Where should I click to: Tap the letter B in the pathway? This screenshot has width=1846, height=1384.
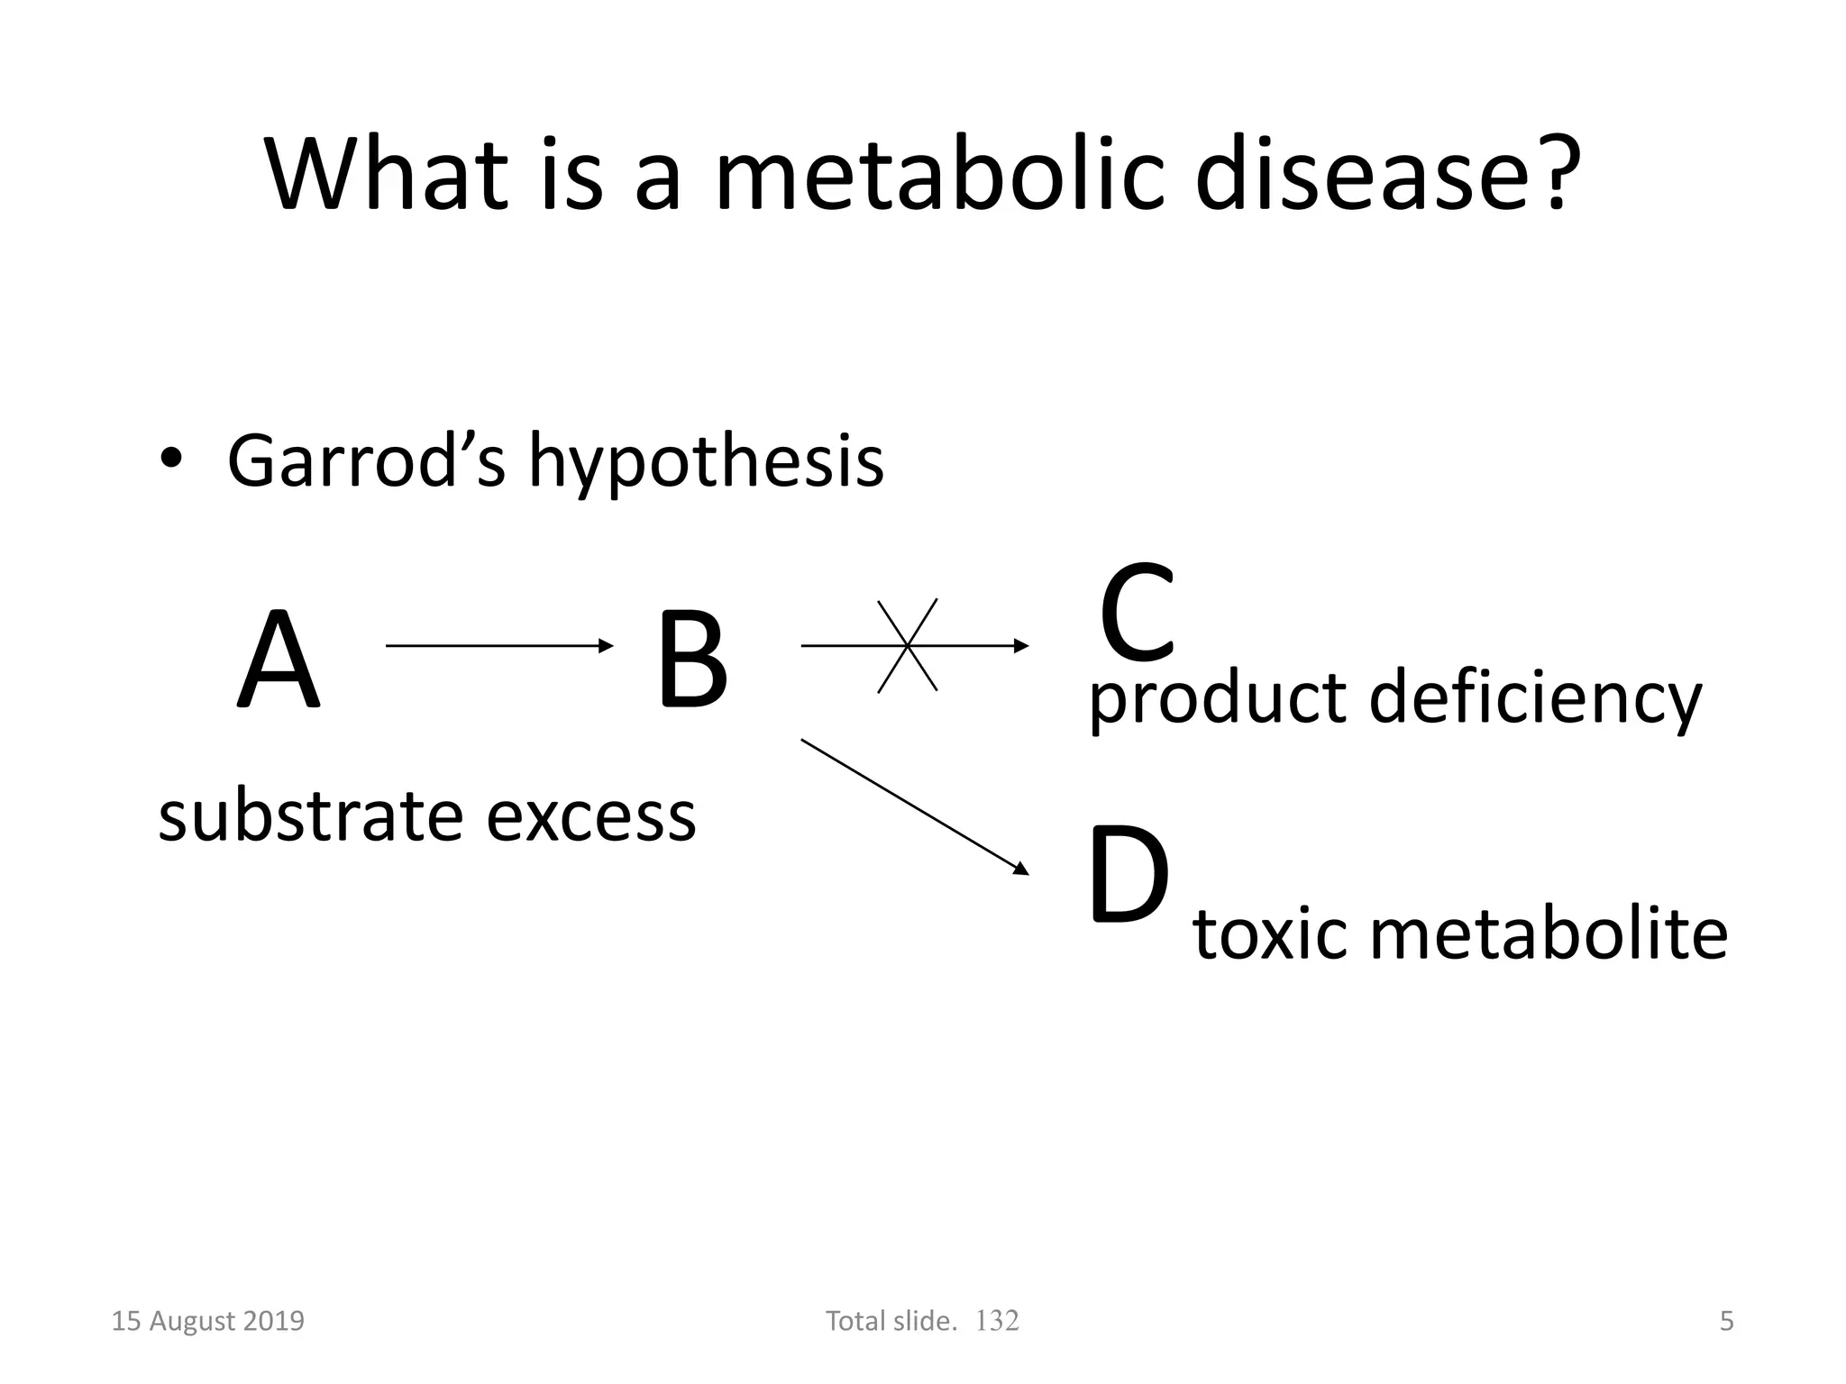[x=691, y=660]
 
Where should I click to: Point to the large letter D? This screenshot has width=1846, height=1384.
[x=1129, y=876]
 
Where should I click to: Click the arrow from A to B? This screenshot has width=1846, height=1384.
[x=498, y=645]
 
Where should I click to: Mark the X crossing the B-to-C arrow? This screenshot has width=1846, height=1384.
[x=908, y=645]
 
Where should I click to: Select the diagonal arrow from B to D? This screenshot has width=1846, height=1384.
[x=914, y=806]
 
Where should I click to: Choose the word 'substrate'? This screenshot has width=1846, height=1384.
[x=309, y=815]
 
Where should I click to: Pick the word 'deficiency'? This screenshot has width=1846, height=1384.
[x=1535, y=699]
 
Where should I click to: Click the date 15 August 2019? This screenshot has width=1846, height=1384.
[x=207, y=1321]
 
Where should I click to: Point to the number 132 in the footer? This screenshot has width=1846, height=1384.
[x=997, y=1321]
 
